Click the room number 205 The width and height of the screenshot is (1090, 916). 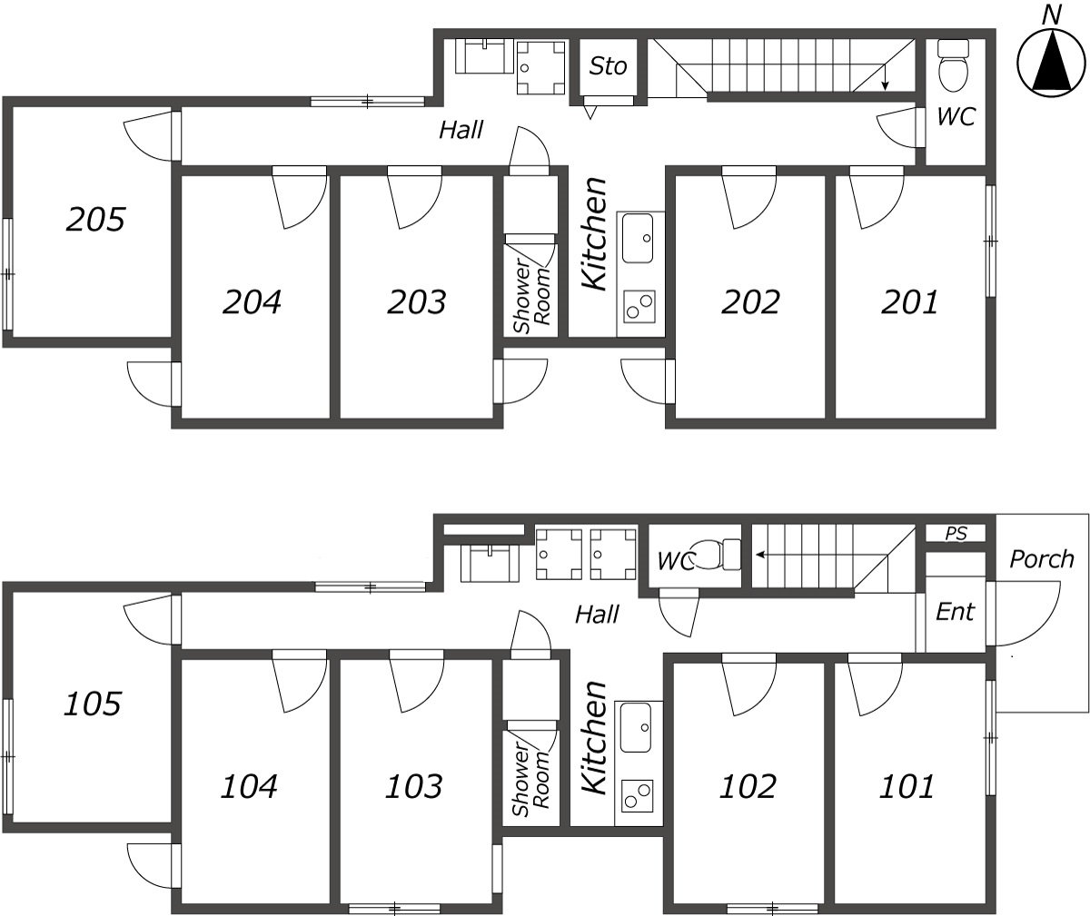tap(95, 220)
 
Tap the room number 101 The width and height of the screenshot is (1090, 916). tap(907, 787)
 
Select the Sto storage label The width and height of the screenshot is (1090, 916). tap(609, 66)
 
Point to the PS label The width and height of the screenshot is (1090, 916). tap(956, 534)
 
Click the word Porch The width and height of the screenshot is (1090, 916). tap(1042, 559)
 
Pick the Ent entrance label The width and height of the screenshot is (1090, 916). tap(955, 612)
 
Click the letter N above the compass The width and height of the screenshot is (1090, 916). tap(1051, 15)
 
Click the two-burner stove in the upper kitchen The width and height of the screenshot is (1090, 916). tap(639, 306)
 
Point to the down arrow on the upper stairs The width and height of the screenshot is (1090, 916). tap(885, 78)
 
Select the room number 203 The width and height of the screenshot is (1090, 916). tap(417, 302)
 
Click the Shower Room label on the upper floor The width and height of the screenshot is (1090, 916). tap(532, 295)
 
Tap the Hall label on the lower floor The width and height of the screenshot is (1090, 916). tap(597, 615)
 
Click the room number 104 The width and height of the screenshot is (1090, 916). tap(249, 787)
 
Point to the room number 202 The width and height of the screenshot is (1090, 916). tap(750, 302)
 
